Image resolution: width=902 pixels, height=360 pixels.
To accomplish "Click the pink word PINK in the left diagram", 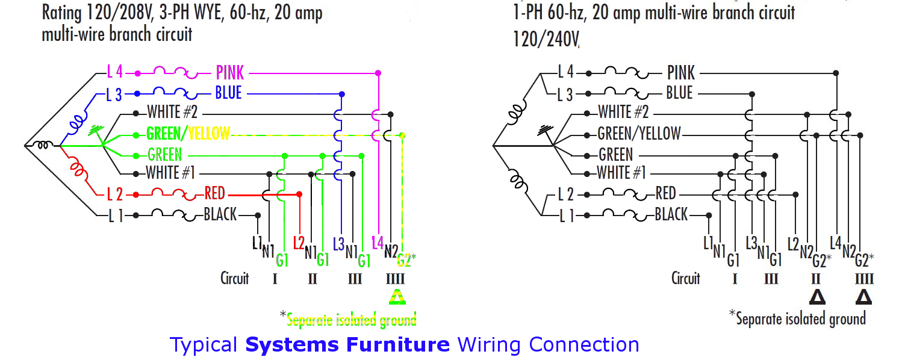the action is coord(230,73).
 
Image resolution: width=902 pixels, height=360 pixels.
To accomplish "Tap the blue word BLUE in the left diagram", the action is coord(228,93).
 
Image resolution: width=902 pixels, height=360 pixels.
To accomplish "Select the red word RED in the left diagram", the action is coord(214,193).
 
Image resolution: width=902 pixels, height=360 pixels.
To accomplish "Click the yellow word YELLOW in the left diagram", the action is coord(209,134).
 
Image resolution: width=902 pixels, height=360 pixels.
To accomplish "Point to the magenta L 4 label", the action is coord(115,72).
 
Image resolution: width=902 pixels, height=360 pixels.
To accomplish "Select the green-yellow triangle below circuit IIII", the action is coord(397,297).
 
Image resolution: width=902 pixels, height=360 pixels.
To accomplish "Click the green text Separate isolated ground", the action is coord(352,320).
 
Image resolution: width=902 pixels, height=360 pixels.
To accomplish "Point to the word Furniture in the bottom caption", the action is coord(398,345).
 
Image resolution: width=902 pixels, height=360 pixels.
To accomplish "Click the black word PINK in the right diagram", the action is coord(681,73).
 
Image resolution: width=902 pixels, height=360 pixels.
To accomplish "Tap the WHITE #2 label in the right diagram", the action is coord(623,112).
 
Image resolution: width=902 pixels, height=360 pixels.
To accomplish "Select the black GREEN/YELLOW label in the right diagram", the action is coord(639,134).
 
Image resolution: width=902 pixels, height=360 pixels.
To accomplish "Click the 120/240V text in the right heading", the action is coord(546,39).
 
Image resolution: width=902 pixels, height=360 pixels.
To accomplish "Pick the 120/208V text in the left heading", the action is coord(120,13).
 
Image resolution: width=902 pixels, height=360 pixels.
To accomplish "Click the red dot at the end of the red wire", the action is coord(299,194).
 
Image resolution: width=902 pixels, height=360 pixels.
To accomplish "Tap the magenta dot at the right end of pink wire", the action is coord(378,73).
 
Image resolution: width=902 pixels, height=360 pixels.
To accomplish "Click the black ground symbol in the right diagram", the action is coord(545,131).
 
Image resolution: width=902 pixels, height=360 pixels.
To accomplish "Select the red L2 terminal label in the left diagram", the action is coord(299,243).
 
